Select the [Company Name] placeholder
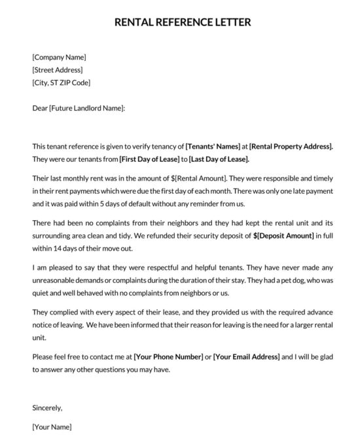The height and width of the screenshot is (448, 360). [59, 57]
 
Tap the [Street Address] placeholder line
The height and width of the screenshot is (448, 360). [58, 69]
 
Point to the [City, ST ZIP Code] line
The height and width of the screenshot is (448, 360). [61, 83]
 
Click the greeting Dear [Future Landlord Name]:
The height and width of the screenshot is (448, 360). [78, 108]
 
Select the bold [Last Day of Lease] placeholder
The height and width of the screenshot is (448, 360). [219, 159]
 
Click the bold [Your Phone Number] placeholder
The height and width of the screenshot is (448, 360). [170, 356]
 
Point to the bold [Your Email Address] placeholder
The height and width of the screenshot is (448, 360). [246, 356]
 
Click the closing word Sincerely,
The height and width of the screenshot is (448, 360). [47, 407]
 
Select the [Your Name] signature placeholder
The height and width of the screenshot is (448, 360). [52, 427]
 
